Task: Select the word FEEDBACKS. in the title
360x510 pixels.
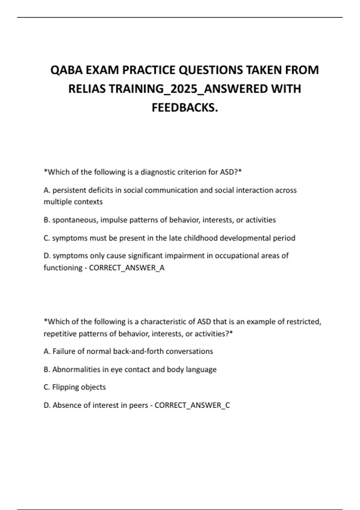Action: (184, 107)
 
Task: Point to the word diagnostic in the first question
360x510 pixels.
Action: (157, 172)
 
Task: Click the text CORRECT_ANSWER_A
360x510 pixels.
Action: (127, 268)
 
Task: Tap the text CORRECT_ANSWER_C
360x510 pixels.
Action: (192, 405)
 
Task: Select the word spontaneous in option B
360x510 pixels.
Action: (75, 220)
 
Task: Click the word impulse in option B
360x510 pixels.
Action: (114, 220)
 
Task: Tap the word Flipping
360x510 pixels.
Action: (65, 387)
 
